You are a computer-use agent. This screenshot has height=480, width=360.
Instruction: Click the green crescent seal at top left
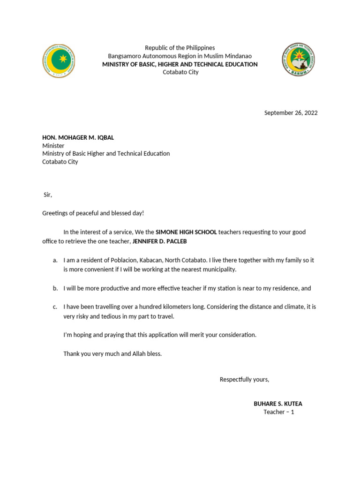[58, 61]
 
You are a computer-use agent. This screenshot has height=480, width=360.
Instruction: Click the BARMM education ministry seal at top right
[298, 60]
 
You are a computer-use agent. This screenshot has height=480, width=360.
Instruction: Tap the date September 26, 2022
[291, 112]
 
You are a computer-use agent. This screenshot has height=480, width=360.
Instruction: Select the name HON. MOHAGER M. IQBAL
[78, 137]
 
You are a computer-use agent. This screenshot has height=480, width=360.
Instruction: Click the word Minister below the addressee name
[53, 145]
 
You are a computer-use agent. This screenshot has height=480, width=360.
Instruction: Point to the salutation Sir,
[47, 195]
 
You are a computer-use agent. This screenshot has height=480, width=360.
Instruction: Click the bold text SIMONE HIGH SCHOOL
[186, 232]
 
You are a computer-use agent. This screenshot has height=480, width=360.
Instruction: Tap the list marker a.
[55, 260]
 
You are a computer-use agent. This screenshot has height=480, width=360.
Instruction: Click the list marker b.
[55, 288]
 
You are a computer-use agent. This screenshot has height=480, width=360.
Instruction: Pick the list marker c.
[55, 307]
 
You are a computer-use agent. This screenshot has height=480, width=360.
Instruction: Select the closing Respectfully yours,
[244, 379]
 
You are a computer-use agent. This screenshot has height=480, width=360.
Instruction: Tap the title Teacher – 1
[278, 412]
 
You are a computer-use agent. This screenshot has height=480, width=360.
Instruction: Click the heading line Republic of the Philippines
[180, 48]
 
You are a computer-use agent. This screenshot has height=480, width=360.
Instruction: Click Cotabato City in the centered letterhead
[180, 72]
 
